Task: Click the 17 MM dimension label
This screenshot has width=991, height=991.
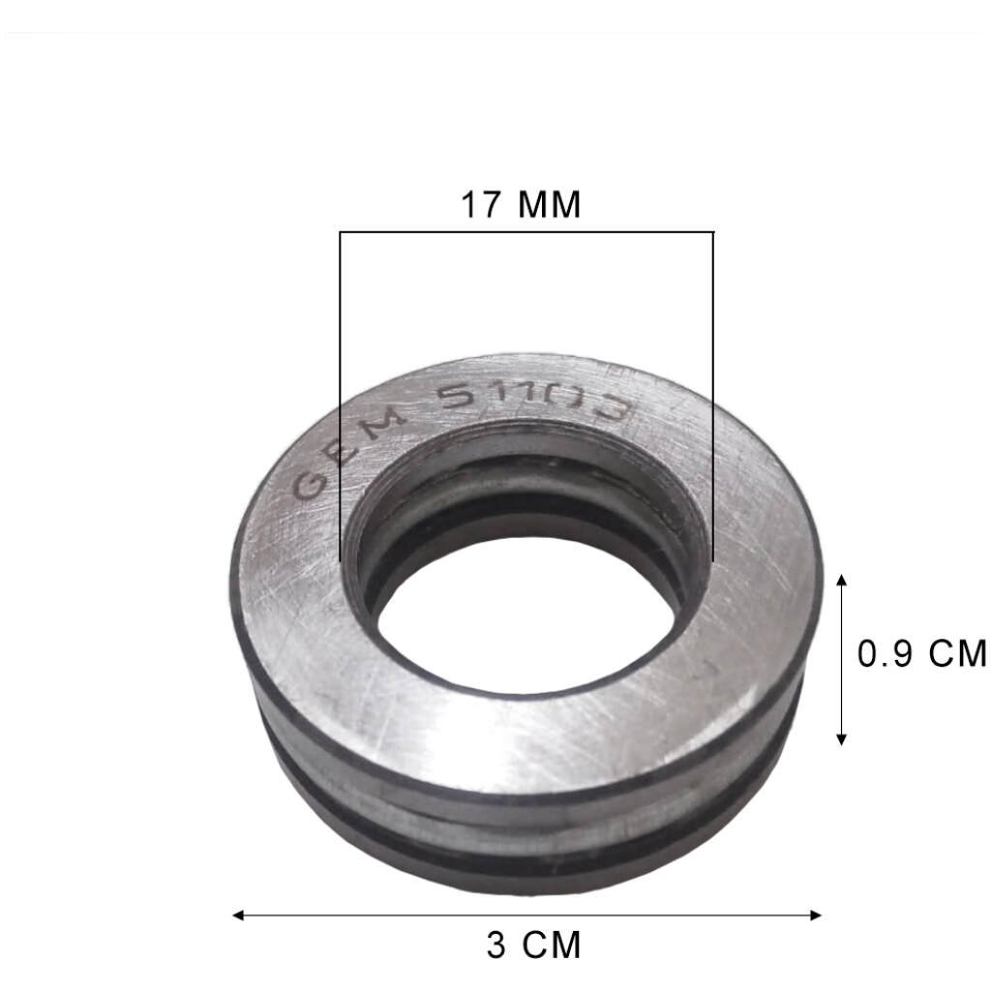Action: [x=521, y=205]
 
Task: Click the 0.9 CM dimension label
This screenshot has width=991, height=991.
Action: [x=921, y=654]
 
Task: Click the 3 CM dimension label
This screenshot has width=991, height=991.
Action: [x=534, y=945]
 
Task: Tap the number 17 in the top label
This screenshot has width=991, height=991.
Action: [x=482, y=205]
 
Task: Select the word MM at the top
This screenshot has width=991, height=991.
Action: [x=549, y=205]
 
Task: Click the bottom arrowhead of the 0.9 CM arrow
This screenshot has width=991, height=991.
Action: [x=841, y=739]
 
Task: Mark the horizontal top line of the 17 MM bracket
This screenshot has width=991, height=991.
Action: [x=526, y=232]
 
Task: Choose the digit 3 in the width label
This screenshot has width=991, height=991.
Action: [x=496, y=945]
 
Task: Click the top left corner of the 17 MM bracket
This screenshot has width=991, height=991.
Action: [x=340, y=232]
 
